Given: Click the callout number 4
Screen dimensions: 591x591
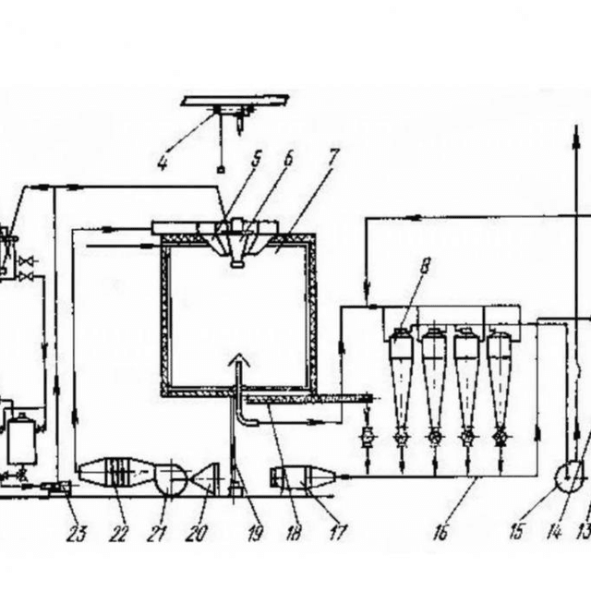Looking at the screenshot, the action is (163, 164).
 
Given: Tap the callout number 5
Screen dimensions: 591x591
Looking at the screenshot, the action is (257, 158).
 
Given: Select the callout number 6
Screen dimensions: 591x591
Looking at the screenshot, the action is (288, 158).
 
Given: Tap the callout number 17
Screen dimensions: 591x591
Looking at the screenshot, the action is (338, 532).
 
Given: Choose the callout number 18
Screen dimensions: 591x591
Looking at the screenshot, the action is (294, 533).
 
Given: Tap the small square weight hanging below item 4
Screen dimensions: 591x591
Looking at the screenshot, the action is (221, 169).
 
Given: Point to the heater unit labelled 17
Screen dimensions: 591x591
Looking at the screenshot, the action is (302, 476).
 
